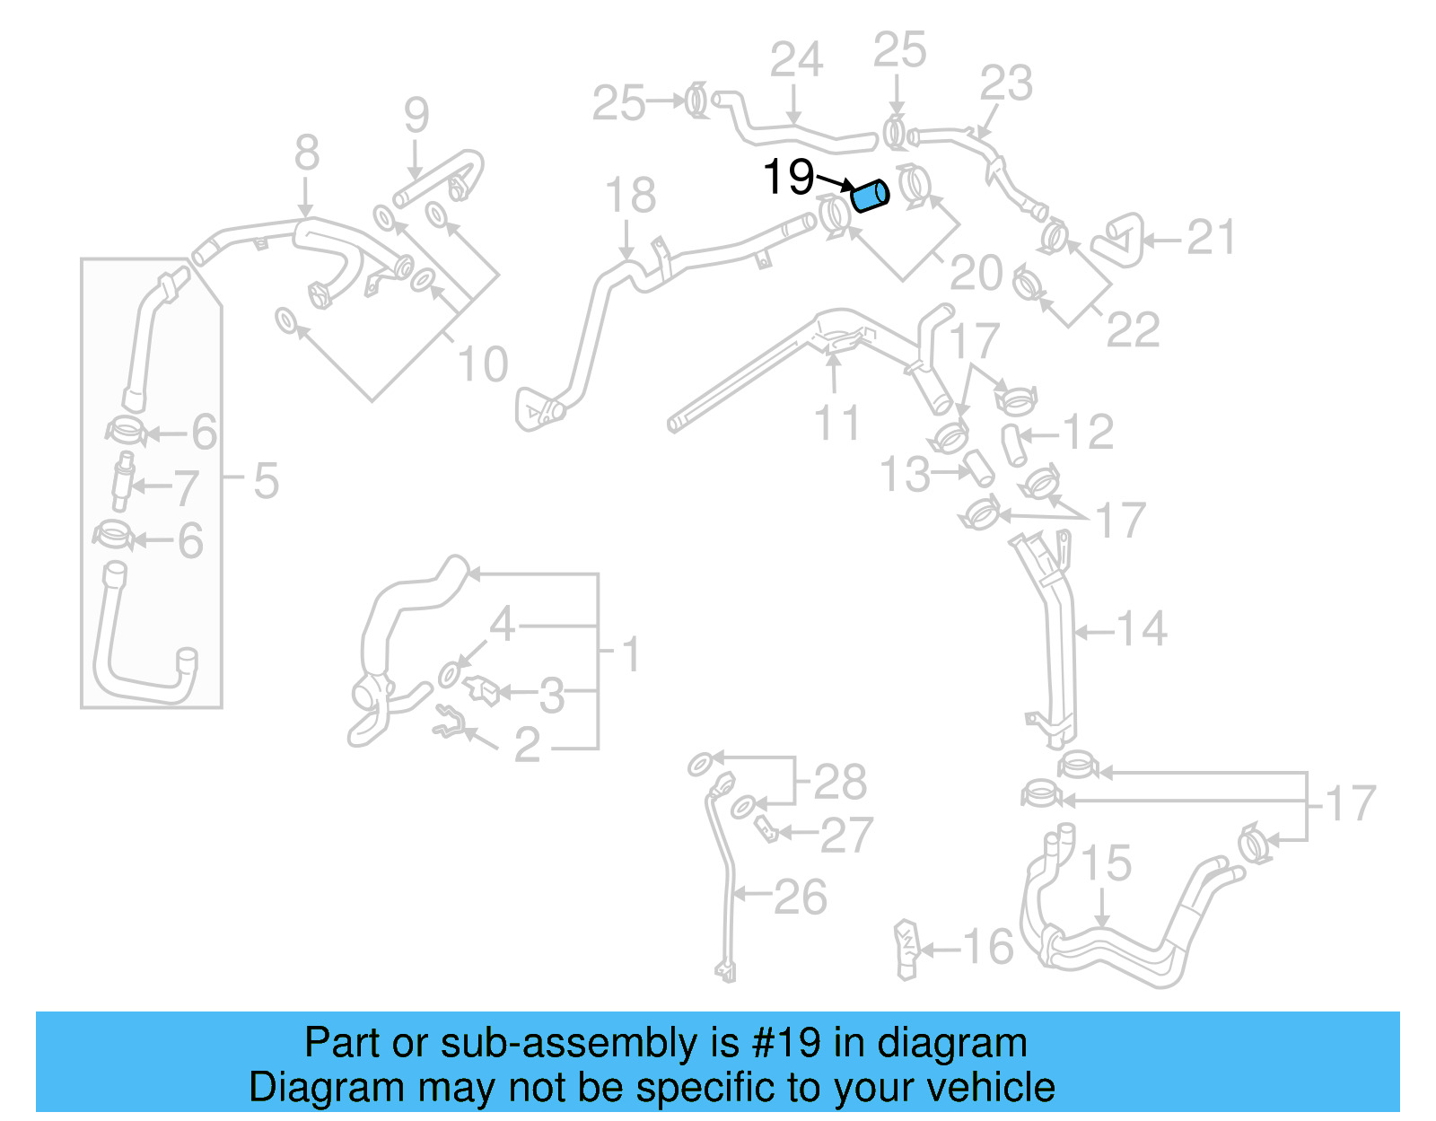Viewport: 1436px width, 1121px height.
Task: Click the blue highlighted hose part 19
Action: [x=869, y=196]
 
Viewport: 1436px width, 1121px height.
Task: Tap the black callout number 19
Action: [x=788, y=177]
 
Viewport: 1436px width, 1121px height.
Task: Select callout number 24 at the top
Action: [x=796, y=61]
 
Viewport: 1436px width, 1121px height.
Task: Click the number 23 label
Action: [x=1006, y=83]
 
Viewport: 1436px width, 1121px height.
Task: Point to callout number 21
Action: [x=1211, y=238]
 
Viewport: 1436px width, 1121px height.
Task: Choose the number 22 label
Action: [x=1133, y=330]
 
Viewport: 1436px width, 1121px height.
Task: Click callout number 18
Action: [x=630, y=196]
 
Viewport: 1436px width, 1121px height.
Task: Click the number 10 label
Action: [x=483, y=364]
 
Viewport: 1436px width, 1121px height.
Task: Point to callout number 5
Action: [x=266, y=481]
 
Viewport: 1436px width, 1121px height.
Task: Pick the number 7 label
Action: [x=186, y=488]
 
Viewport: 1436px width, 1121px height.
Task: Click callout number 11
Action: [x=836, y=423]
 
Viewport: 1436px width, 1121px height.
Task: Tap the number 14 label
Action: [x=1142, y=629]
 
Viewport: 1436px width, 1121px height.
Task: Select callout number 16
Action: [x=987, y=947]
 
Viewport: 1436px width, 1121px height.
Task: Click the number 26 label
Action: [x=800, y=897]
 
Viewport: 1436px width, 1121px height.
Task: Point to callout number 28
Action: [x=840, y=782]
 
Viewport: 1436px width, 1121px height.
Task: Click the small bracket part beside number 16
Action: [x=907, y=949]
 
